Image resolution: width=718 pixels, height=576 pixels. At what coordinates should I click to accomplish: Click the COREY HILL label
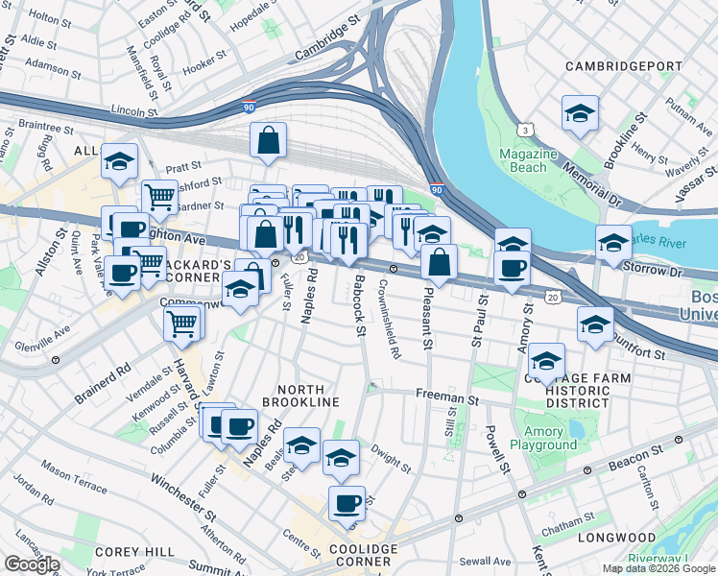[135, 552]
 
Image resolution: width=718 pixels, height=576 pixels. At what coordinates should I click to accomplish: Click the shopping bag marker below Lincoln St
[269, 140]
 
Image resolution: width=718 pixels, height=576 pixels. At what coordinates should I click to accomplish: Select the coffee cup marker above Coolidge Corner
[347, 502]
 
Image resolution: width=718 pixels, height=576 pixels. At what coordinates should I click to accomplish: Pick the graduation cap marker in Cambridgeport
[581, 113]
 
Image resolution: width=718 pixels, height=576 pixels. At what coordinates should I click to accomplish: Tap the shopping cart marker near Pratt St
[160, 197]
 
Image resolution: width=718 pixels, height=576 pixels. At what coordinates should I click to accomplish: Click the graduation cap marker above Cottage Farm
[546, 361]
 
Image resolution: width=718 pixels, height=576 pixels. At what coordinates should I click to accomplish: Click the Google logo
[32, 564]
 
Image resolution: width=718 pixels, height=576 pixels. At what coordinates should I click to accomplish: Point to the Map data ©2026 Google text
[658, 568]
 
